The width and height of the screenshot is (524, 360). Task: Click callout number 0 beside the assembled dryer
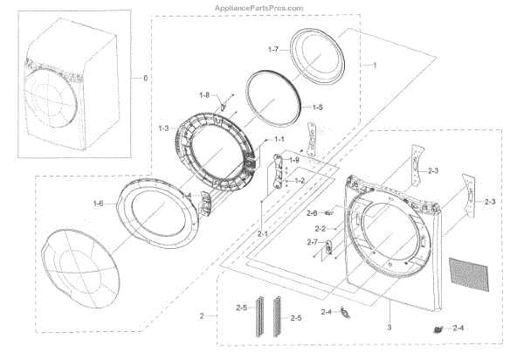(145, 79)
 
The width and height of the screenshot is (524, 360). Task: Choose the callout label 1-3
(163, 128)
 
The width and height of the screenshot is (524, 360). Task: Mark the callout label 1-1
(279, 140)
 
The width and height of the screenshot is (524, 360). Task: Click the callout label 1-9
(294, 160)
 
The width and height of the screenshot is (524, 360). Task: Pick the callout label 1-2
(299, 180)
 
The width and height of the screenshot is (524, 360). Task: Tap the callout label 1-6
(99, 204)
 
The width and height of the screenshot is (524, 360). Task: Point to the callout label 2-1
(263, 234)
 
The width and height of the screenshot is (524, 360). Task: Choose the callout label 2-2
(321, 228)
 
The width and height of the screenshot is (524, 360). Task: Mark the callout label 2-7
(312, 242)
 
